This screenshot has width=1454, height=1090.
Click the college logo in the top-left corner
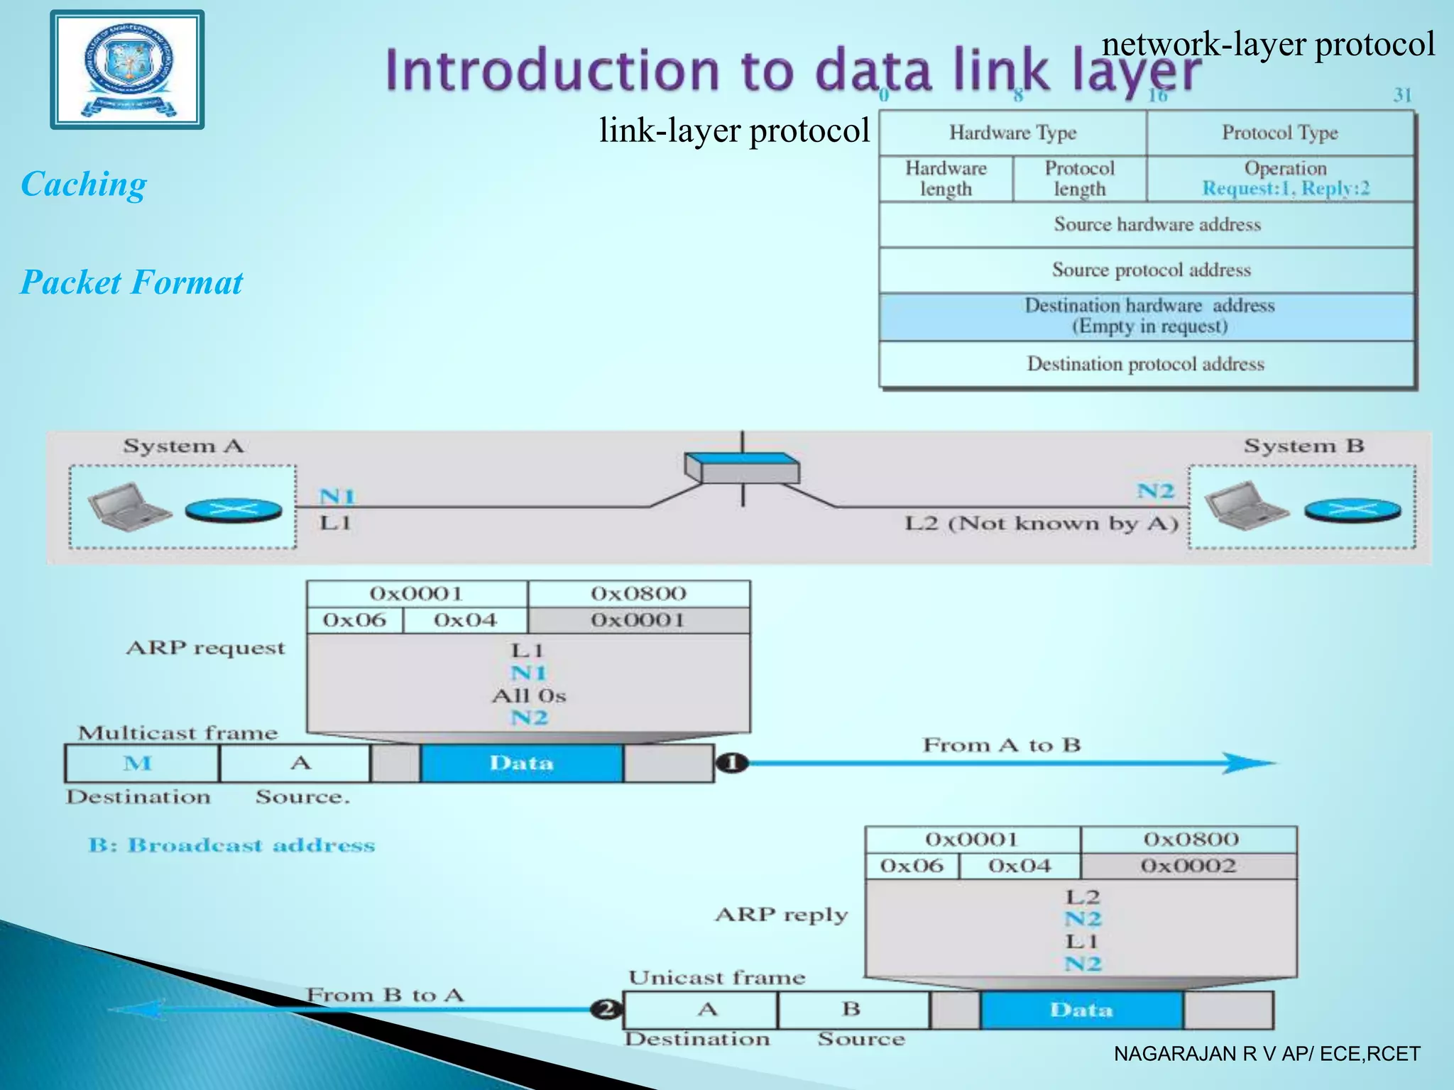127,70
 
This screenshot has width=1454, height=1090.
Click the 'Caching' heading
84,185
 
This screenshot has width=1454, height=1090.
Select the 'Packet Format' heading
131,282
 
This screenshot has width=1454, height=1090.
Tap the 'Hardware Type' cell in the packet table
1012,133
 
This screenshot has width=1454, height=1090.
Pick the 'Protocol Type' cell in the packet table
1279,133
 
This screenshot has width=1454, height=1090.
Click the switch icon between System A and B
742,468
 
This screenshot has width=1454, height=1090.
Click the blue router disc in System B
1352,510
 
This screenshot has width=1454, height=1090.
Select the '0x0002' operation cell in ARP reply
1188,866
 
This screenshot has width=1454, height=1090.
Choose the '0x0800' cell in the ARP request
638,593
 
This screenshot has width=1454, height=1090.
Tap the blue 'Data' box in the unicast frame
1081,1010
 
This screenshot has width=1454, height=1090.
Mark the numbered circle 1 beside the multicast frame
732,764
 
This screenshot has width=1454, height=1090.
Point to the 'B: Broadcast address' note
231,845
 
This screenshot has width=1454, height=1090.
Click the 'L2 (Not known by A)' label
1041,524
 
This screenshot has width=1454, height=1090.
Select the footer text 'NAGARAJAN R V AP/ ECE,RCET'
1267,1054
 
